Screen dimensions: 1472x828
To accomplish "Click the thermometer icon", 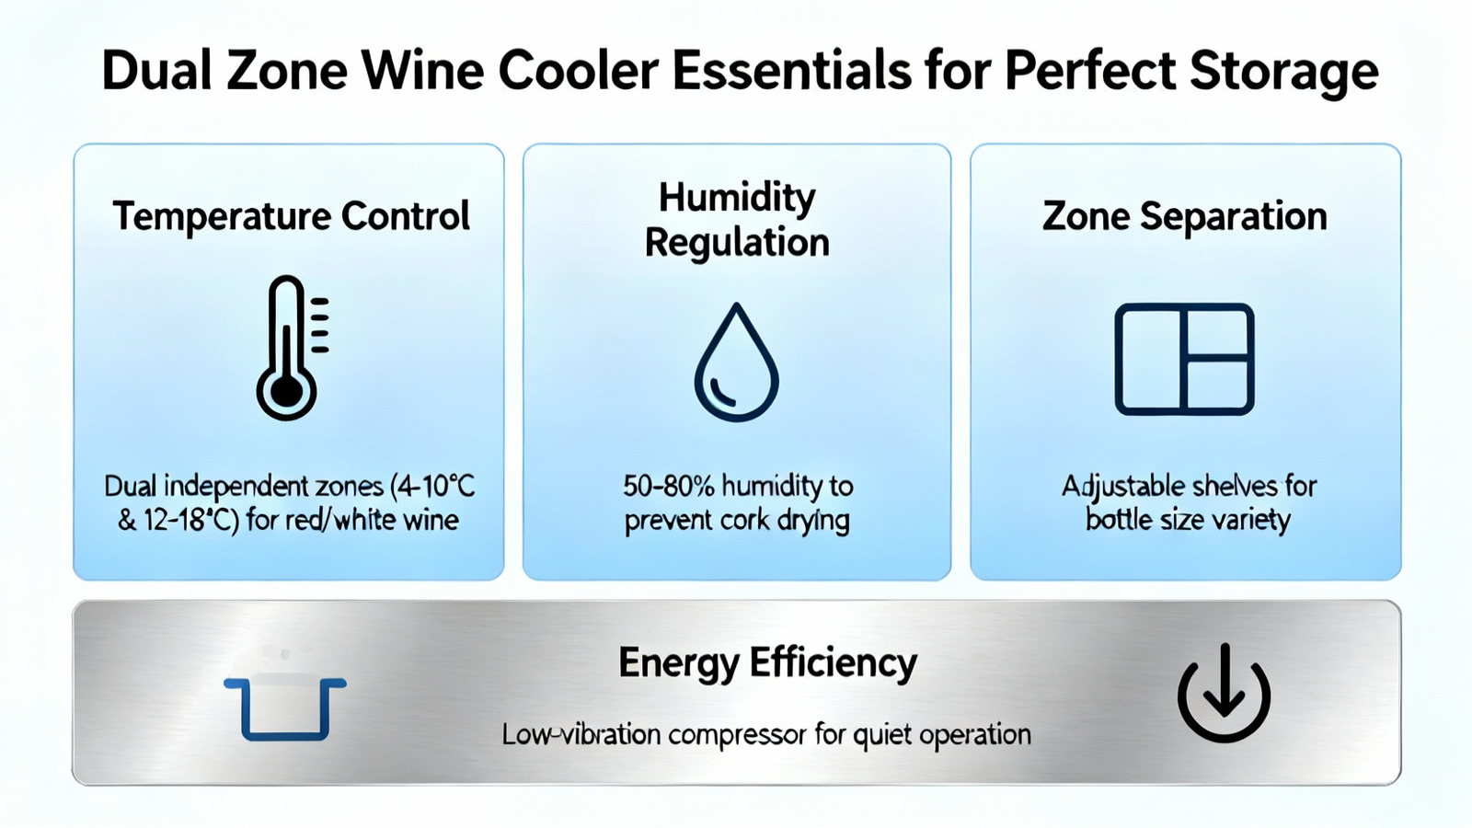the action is (x=287, y=348).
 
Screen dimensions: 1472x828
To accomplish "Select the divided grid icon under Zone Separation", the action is (x=1184, y=359).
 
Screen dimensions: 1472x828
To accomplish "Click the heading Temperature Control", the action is (x=291, y=216).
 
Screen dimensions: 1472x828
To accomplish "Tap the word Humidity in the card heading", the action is (x=737, y=199).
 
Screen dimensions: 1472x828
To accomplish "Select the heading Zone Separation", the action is (x=1184, y=216).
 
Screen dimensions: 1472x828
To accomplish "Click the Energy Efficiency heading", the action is (x=767, y=663).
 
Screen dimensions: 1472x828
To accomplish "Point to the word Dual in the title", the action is (x=156, y=70).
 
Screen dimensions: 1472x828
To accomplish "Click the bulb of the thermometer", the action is (x=286, y=392).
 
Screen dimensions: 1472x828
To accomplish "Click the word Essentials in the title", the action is (x=792, y=70).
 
